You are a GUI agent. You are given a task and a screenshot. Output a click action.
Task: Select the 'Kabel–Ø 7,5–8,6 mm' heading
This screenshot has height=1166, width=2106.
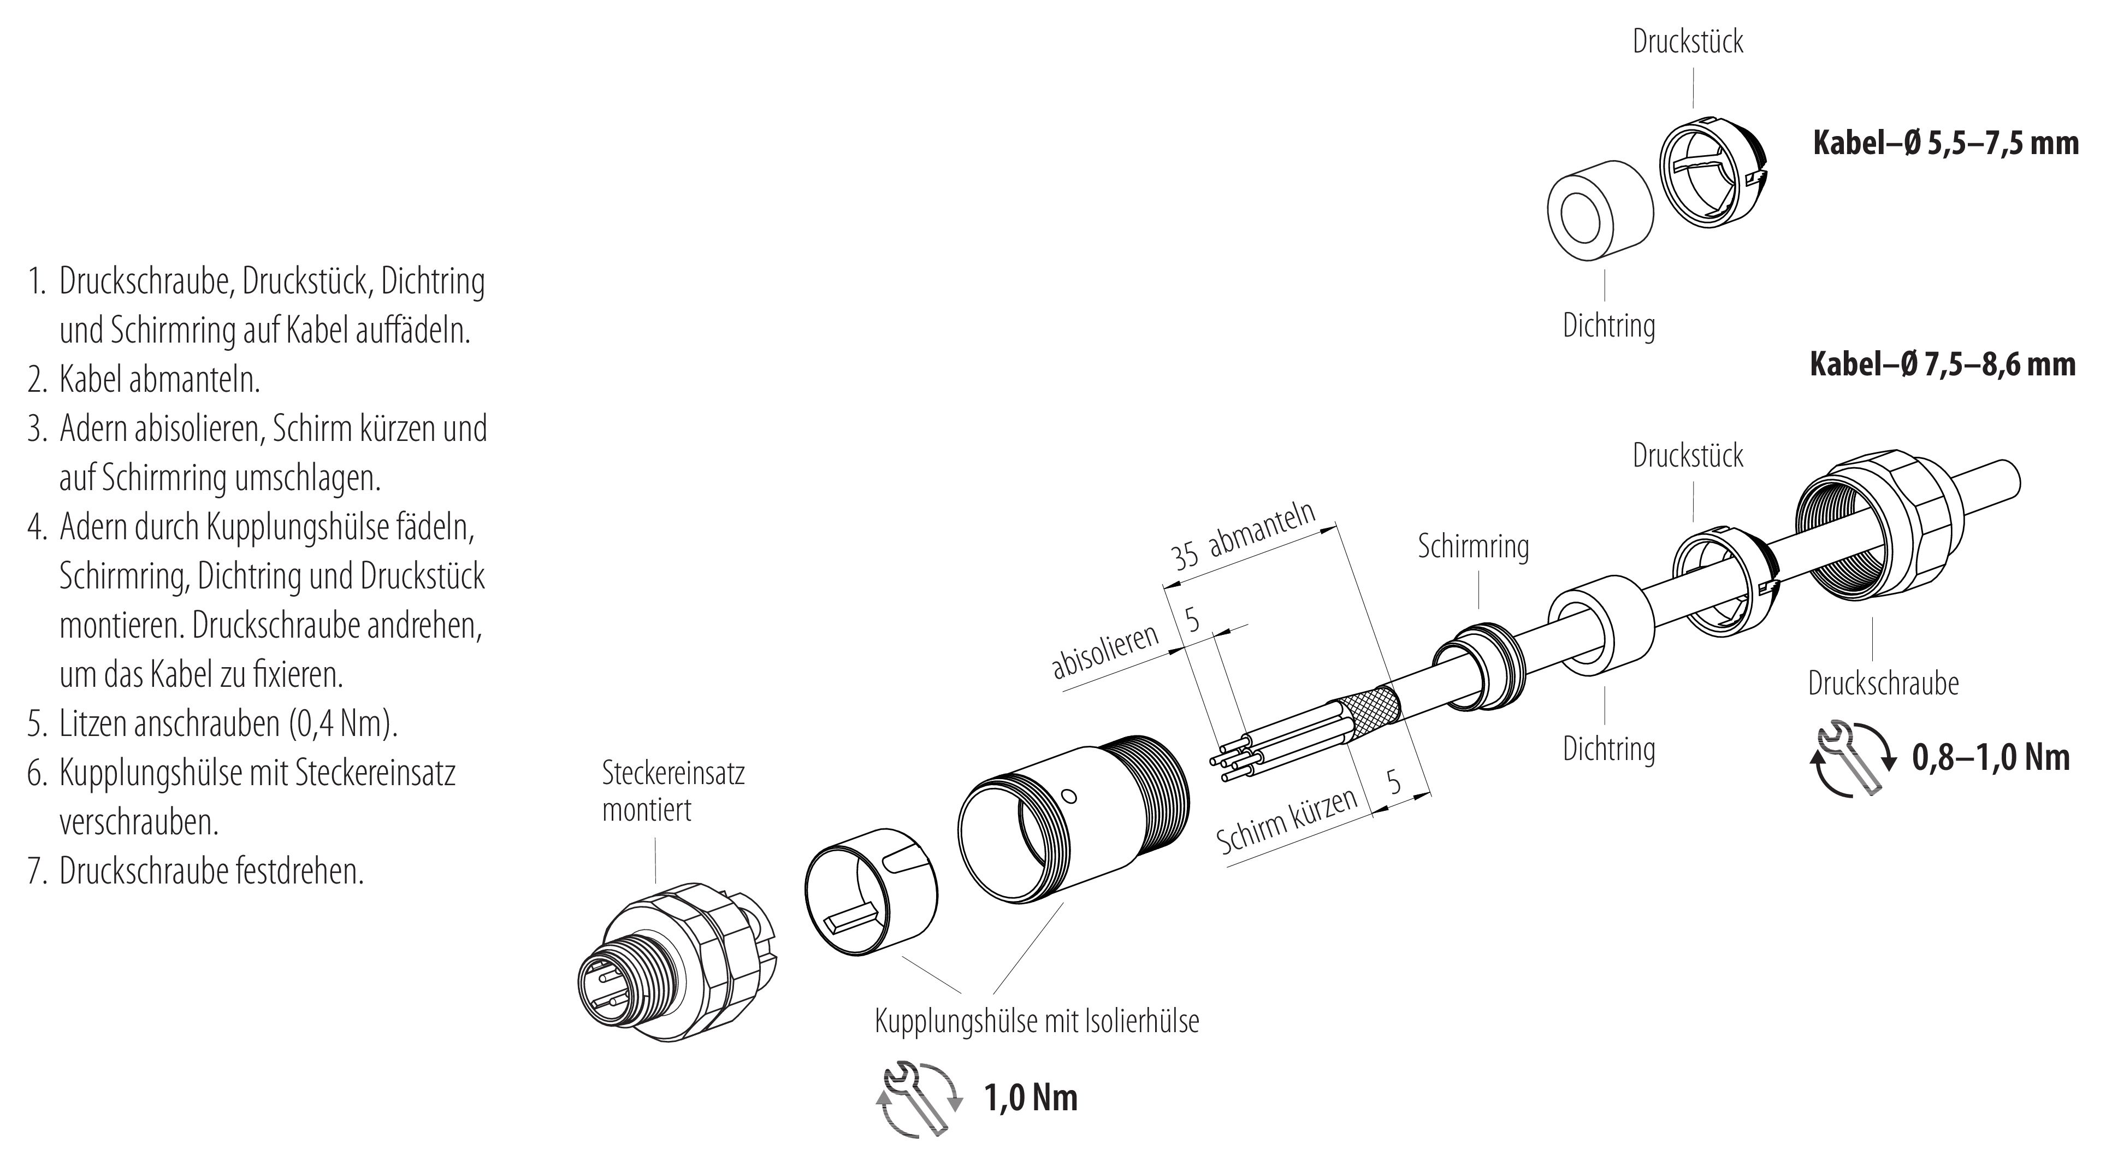[1943, 364]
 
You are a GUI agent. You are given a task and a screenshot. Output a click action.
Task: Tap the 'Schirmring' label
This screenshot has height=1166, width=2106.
[1473, 546]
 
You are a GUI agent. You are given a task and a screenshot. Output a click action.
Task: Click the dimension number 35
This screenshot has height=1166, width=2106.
[1185, 556]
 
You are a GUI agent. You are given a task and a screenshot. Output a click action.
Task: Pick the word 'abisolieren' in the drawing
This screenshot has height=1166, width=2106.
[1105, 652]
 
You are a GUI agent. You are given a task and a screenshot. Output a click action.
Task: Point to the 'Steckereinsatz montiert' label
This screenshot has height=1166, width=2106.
[673, 791]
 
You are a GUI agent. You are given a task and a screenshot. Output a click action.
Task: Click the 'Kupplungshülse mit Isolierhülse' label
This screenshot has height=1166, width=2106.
[1037, 1021]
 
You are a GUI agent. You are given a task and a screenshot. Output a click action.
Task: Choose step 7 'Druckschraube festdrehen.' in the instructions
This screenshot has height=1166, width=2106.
[211, 871]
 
